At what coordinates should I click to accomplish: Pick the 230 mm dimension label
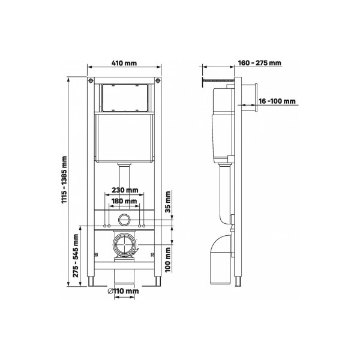[125, 190]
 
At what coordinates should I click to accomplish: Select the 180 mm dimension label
[124, 201]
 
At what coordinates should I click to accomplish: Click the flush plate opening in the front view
[125, 98]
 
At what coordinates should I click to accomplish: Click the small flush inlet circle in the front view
[125, 219]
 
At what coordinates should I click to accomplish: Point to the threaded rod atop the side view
[219, 80]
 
